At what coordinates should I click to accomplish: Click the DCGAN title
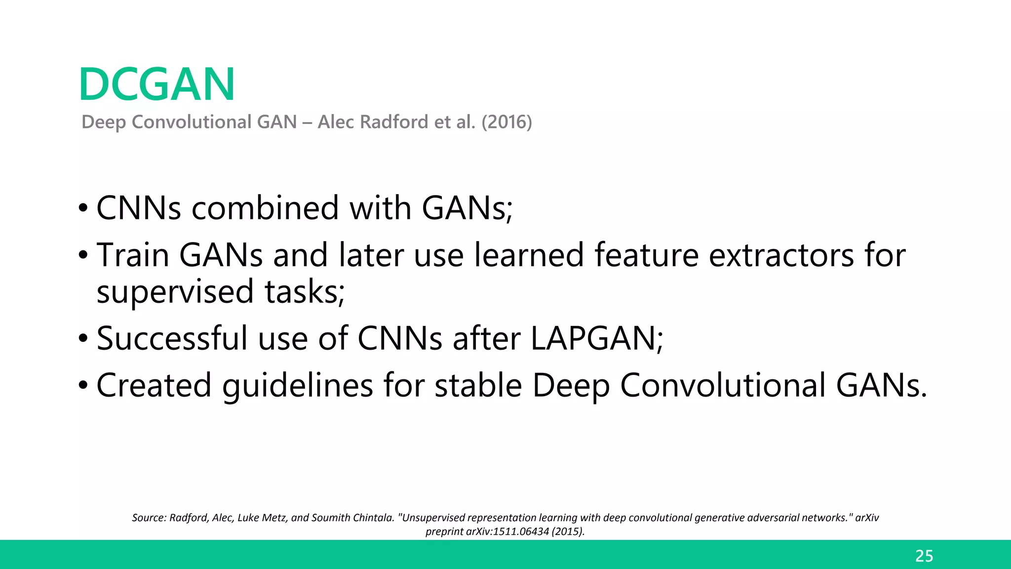[x=156, y=84]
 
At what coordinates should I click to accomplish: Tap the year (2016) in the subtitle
[x=506, y=122]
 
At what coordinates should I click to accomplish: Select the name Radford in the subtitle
[x=394, y=122]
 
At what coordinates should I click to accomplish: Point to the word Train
[x=133, y=255]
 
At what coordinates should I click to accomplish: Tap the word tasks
[x=304, y=292]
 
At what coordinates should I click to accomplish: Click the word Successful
[x=172, y=339]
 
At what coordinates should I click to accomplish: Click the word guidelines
[x=298, y=386]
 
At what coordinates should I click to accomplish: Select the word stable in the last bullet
[x=478, y=386]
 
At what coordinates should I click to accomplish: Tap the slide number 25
[x=924, y=556]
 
